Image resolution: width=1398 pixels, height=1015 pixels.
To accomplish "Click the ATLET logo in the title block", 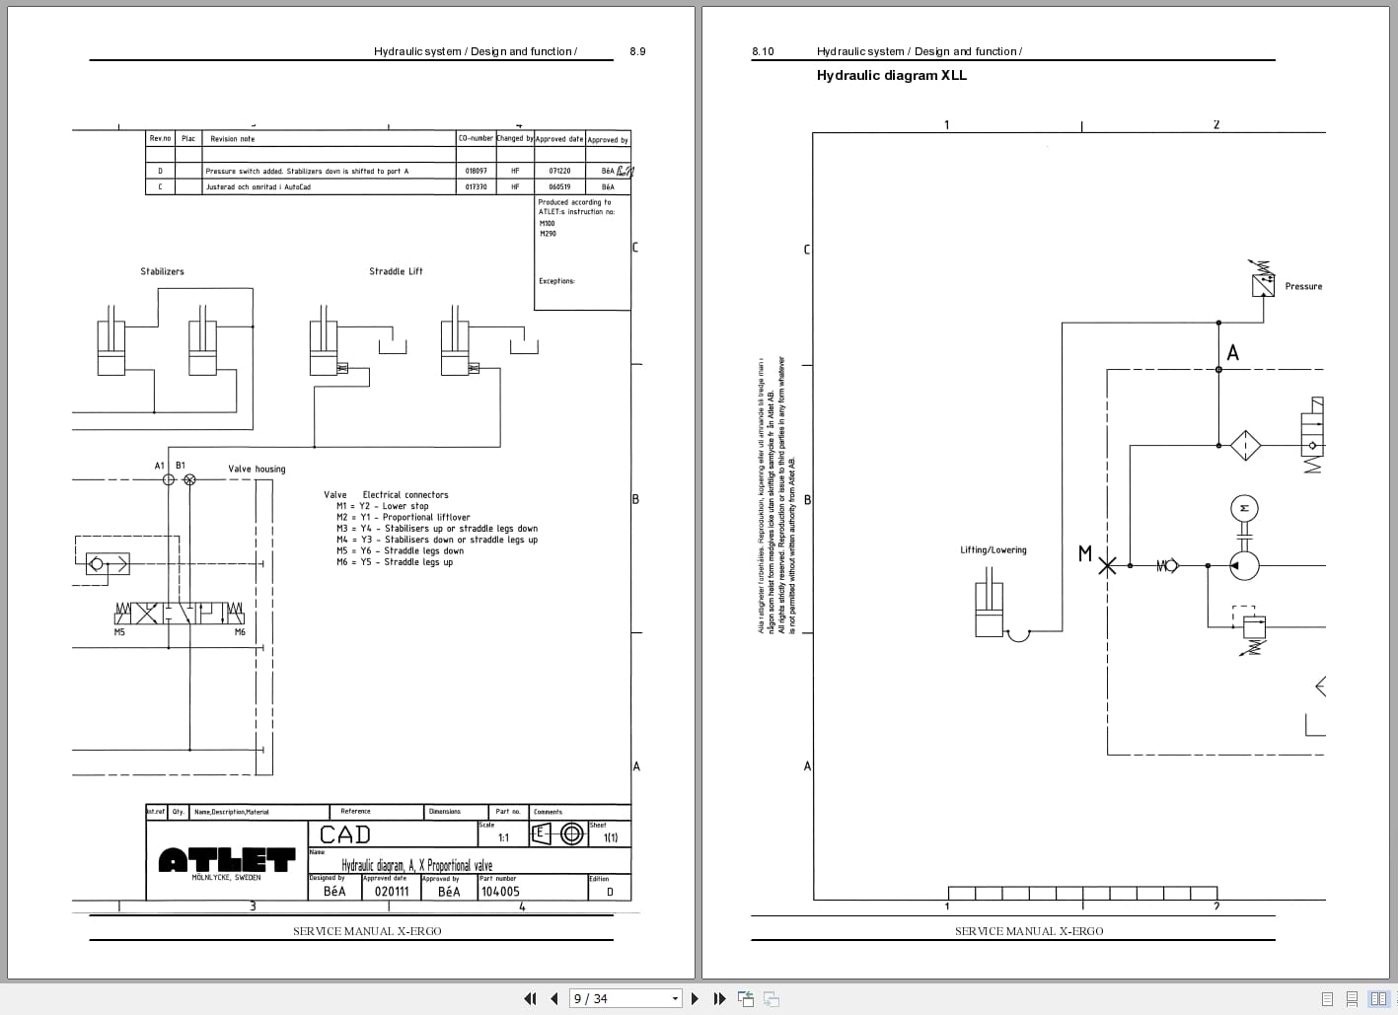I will click(x=227, y=860).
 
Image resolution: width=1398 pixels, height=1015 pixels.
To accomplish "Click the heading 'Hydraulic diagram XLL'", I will click(x=891, y=75).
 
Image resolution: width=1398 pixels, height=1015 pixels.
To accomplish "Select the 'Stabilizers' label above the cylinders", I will click(x=162, y=271).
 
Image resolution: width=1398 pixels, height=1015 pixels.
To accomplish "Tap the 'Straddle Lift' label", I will click(x=396, y=271).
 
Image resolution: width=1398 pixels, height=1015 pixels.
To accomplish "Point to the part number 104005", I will click(x=499, y=891).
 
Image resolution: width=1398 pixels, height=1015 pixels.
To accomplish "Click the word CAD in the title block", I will click(x=345, y=834).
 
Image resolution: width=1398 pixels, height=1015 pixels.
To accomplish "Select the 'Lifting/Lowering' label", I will click(x=993, y=549).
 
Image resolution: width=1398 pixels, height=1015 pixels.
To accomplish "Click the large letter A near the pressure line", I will click(x=1232, y=352).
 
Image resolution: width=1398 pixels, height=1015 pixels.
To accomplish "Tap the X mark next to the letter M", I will click(x=1108, y=565).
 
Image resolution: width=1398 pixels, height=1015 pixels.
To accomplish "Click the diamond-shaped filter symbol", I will click(x=1245, y=445).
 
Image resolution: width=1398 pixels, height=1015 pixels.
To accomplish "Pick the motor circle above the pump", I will click(x=1244, y=508).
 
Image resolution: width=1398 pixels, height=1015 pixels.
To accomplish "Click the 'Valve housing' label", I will click(x=257, y=469).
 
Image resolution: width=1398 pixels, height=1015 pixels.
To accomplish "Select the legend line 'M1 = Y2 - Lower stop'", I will click(x=383, y=506).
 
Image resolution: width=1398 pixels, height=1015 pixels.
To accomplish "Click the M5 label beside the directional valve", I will click(x=119, y=632).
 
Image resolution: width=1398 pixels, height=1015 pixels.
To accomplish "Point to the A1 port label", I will click(x=160, y=465).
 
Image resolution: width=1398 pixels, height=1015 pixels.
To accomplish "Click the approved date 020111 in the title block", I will click(x=392, y=891).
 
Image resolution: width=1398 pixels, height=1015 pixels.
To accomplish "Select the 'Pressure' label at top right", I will click(x=1302, y=286).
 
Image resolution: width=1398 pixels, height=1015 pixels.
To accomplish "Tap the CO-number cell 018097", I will click(x=476, y=171).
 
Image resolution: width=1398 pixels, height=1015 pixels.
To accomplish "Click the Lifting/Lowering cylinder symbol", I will click(x=989, y=611).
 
